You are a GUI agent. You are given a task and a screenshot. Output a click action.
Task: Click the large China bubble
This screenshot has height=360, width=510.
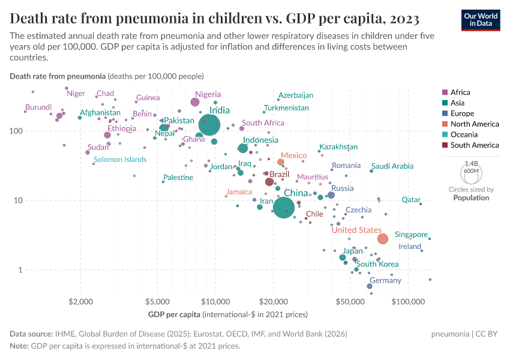[x=284, y=208]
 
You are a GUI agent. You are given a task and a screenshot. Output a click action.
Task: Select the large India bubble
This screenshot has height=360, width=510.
[x=209, y=125]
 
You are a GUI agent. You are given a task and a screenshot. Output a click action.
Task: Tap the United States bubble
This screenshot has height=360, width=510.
[x=383, y=239]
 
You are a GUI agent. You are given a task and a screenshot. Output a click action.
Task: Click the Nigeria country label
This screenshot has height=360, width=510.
[x=208, y=94]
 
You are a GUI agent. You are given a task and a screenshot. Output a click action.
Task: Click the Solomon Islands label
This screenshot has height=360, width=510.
[x=120, y=160]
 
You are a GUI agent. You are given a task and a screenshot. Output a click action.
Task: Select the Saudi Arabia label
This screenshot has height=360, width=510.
[x=392, y=166]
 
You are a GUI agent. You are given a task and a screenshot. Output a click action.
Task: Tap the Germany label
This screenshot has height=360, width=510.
[x=385, y=280]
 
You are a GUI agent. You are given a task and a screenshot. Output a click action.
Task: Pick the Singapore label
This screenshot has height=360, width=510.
[x=411, y=235]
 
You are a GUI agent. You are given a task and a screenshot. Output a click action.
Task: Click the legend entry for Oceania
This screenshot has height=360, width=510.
[x=463, y=134]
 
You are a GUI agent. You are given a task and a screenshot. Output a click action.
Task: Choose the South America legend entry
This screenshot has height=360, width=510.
[x=474, y=145]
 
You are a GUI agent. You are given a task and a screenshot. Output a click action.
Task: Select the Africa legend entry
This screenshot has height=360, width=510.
[x=460, y=92]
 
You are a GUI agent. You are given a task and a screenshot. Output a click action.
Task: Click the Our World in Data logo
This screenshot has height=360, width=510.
[x=481, y=19]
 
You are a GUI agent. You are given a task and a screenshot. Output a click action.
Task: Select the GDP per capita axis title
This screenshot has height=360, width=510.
[x=174, y=314]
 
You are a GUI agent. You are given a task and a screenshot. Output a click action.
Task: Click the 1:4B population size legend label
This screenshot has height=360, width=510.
[x=472, y=163]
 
